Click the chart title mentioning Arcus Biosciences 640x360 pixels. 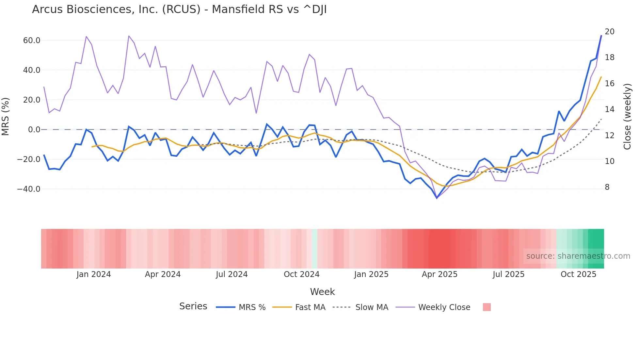click(179, 9)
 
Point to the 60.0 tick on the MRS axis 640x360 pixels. click(32, 41)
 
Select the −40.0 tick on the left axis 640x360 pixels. click(29, 189)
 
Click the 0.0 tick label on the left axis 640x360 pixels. click(34, 130)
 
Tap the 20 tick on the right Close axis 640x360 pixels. click(609, 32)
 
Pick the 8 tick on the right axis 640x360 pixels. click(607, 187)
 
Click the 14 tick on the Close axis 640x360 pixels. click(609, 109)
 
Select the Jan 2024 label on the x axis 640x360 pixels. click(94, 274)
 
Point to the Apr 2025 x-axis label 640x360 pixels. click(440, 274)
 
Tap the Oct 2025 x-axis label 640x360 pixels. click(578, 274)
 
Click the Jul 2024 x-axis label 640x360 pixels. click(232, 274)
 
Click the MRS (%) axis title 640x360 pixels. click(6, 117)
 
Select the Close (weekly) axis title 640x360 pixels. click(627, 117)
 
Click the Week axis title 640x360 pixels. click(322, 292)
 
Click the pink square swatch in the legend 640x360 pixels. click(487, 307)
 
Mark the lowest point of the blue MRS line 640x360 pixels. click(437, 198)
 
